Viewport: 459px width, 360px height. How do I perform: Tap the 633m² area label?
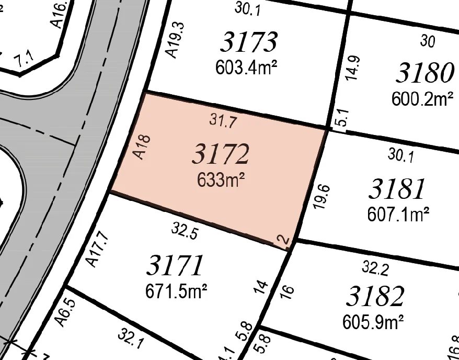point(221,181)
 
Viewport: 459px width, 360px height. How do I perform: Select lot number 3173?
point(248,42)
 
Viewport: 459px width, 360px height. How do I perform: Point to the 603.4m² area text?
point(245,68)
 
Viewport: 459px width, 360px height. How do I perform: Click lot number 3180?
point(424,73)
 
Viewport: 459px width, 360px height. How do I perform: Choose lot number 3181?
point(397,189)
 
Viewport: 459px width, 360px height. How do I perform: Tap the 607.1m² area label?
point(399,215)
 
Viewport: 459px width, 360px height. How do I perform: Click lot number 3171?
point(175,265)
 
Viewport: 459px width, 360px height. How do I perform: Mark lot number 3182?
point(375,297)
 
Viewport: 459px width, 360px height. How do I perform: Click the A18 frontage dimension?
point(142,147)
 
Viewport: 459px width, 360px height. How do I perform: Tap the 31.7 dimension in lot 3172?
point(223,121)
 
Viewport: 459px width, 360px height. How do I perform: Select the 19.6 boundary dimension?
point(322,196)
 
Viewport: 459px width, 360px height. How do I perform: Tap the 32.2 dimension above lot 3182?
point(375,269)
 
